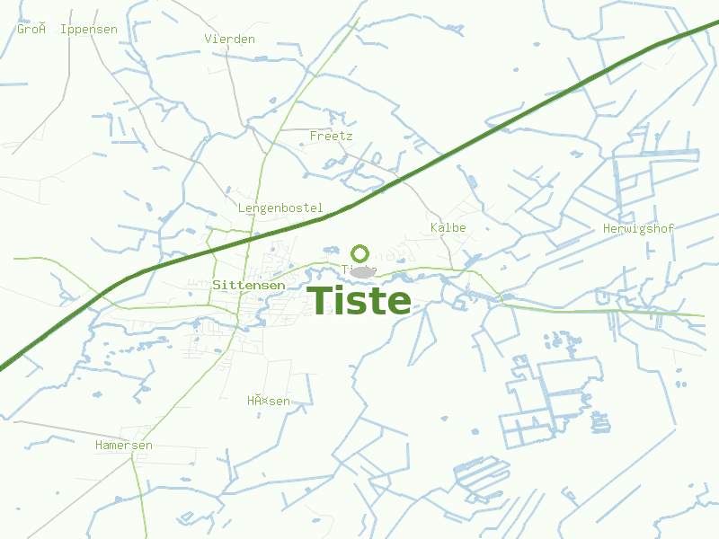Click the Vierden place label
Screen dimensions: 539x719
[x=230, y=39]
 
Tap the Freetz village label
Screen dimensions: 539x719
[x=331, y=136]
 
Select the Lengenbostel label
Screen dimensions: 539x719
[x=280, y=208]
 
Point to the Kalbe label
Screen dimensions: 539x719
[x=448, y=227]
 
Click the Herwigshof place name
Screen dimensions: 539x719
[x=638, y=228]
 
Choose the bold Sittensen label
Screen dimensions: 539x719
[x=250, y=285]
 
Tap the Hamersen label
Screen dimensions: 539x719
[x=124, y=445]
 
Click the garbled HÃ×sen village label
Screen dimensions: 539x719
[x=269, y=401]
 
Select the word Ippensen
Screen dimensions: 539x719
[x=88, y=29]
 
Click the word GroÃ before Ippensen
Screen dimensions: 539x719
[x=31, y=29]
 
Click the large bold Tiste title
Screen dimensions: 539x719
[x=359, y=301]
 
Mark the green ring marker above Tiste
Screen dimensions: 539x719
[x=360, y=253]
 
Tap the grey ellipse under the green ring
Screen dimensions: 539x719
[x=362, y=271]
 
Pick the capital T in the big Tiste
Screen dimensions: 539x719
[x=321, y=301]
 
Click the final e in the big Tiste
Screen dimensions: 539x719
[x=398, y=304]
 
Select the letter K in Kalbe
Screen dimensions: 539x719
[x=434, y=227]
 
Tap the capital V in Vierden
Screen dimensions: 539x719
[x=209, y=39]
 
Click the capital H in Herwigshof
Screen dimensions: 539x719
[x=607, y=228]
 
